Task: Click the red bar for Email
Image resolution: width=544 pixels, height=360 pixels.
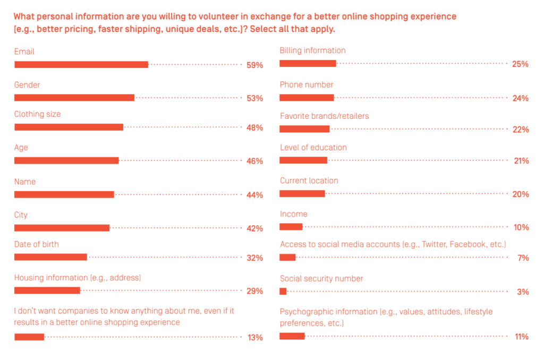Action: click(x=81, y=65)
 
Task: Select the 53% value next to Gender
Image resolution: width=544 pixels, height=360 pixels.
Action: click(x=254, y=98)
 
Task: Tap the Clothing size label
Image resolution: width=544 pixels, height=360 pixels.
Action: click(x=37, y=114)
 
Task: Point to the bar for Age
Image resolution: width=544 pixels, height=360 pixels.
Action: click(x=66, y=160)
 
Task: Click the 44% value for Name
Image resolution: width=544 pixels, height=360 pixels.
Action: click(x=254, y=195)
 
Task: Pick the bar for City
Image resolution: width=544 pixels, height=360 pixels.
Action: click(x=62, y=228)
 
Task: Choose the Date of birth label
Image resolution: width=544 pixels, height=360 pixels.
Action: click(x=36, y=244)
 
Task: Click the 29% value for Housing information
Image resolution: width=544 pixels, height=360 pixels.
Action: click(x=254, y=291)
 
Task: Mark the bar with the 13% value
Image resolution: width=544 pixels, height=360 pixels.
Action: click(x=29, y=337)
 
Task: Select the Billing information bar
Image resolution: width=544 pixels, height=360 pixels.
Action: click(x=308, y=64)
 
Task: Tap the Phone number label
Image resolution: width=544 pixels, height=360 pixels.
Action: click(x=307, y=84)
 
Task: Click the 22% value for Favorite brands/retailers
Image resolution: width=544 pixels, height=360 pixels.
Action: click(x=520, y=130)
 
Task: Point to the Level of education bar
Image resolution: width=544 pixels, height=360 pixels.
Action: click(x=303, y=160)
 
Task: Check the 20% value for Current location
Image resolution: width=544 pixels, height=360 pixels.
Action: click(x=520, y=194)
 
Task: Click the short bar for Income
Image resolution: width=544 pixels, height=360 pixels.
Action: click(x=291, y=227)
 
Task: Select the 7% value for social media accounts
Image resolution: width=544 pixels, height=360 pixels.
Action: click(x=523, y=258)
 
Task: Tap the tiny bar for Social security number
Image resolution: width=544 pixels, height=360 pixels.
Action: click(x=283, y=291)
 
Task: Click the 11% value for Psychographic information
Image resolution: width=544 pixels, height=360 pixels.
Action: click(x=521, y=337)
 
